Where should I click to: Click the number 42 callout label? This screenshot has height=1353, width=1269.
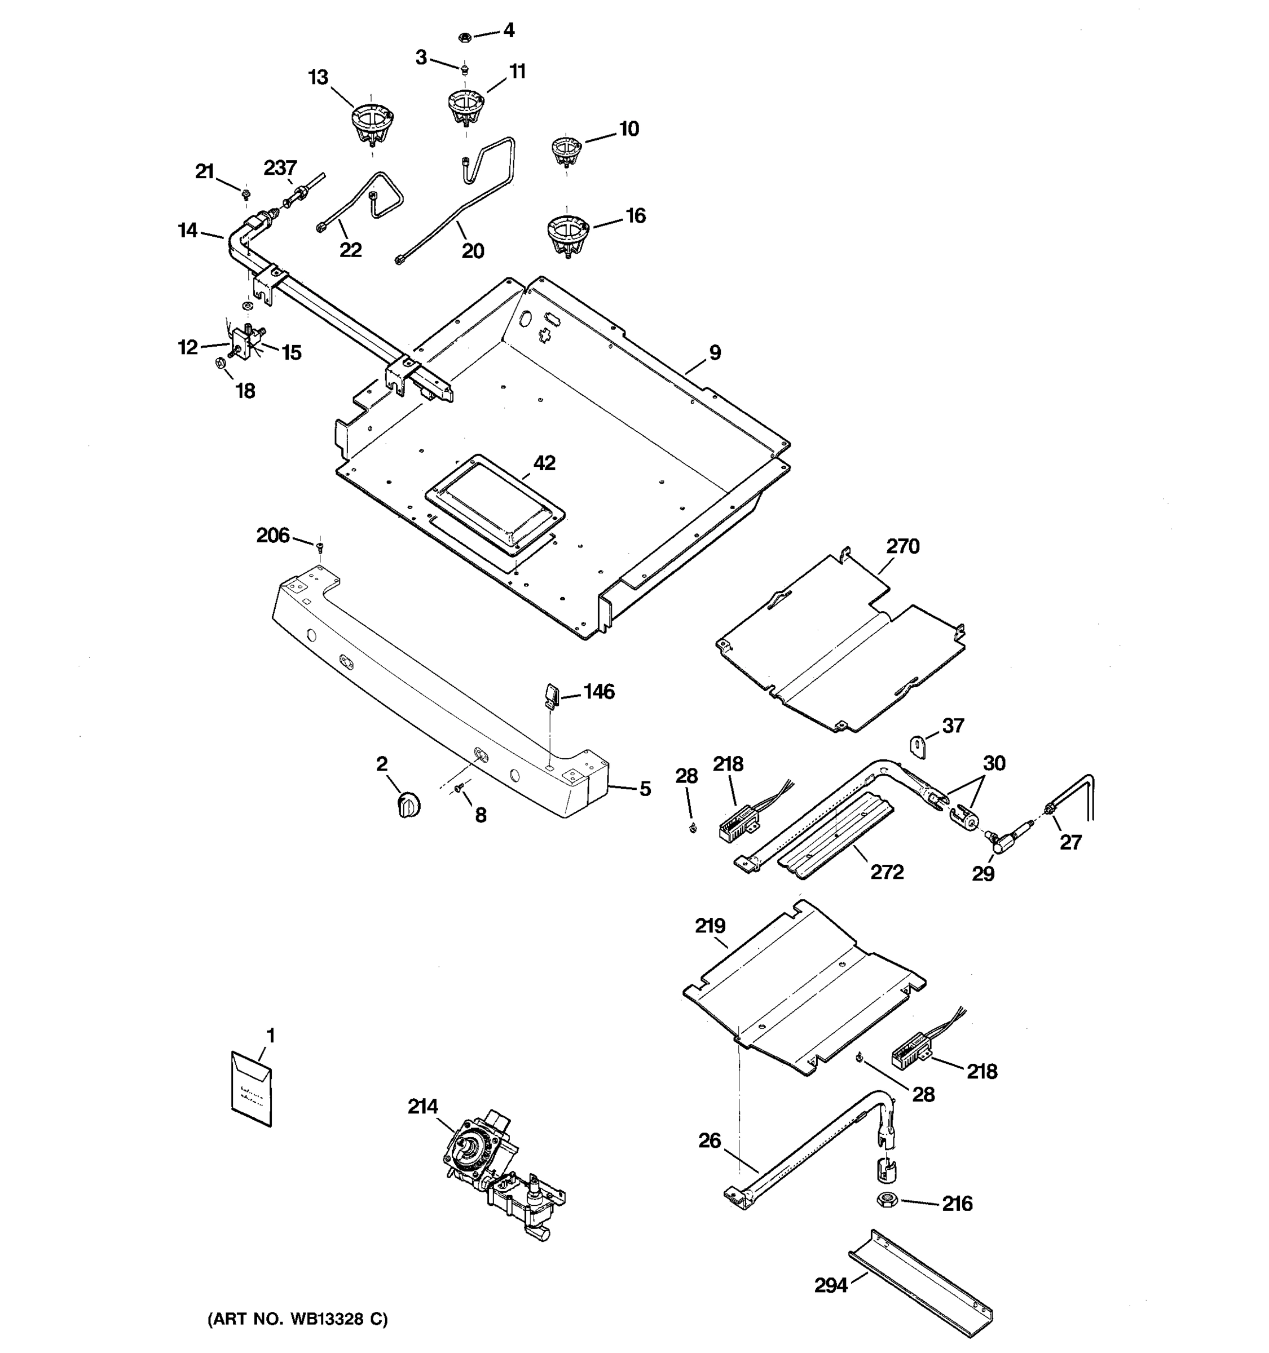point(544,463)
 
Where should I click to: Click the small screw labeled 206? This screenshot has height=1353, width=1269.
point(319,545)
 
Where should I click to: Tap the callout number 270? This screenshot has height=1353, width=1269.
point(903,546)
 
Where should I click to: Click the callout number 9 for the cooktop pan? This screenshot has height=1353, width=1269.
point(714,352)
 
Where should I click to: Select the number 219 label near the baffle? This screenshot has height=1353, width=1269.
point(710,926)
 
